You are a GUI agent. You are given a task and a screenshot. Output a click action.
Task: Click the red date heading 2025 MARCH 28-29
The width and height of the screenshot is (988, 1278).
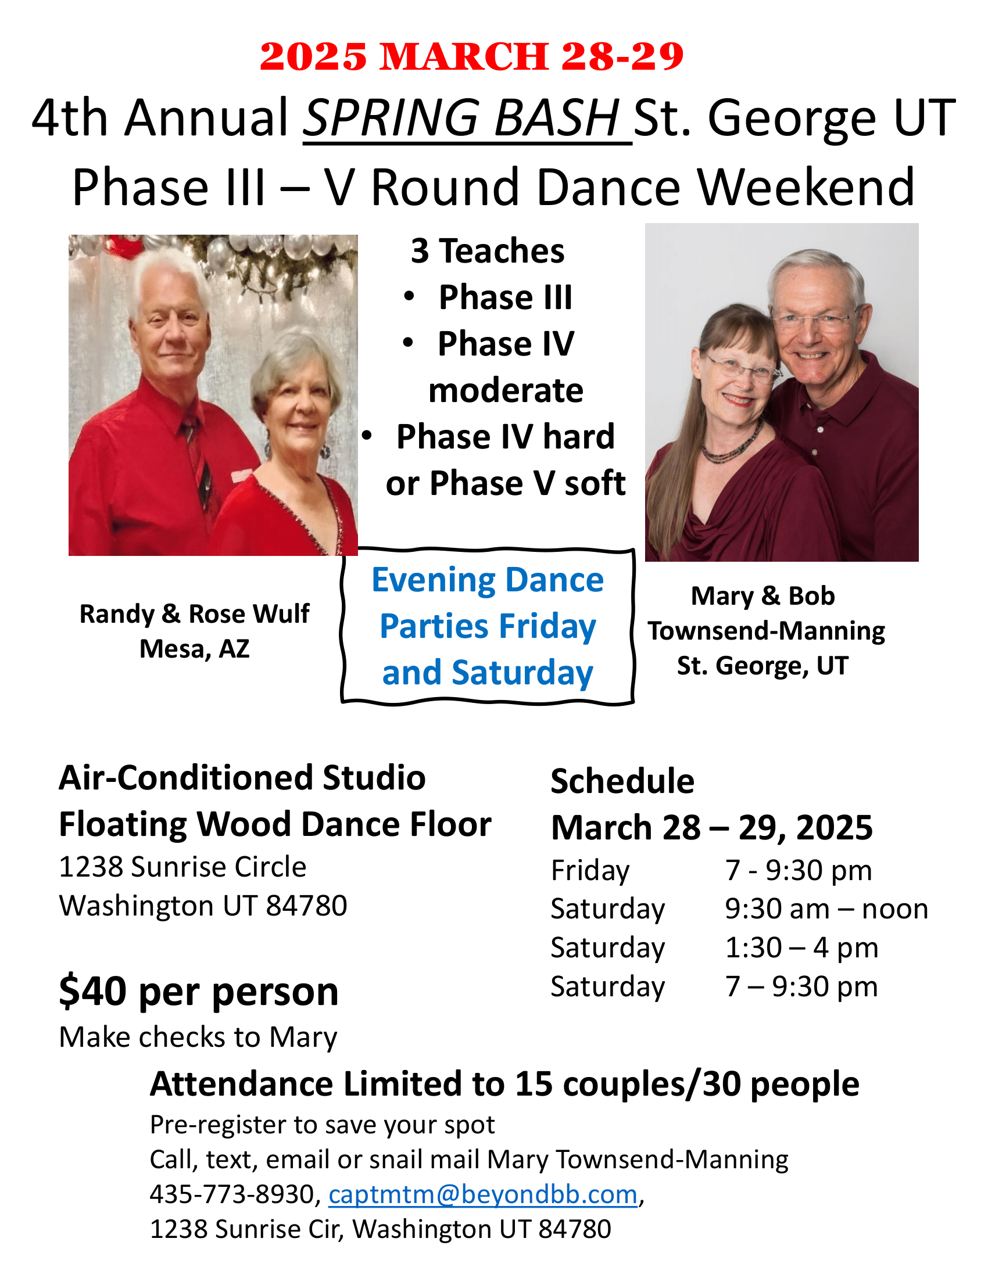point(471,57)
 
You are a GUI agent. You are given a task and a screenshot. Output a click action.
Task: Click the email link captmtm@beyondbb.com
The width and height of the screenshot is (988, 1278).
point(483,1194)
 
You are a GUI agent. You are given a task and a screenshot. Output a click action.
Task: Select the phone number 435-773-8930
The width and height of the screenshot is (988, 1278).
point(232,1194)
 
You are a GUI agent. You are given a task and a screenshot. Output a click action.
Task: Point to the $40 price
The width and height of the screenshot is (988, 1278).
point(93,991)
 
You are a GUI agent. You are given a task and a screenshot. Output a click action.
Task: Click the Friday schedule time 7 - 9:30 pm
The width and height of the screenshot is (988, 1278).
point(799,870)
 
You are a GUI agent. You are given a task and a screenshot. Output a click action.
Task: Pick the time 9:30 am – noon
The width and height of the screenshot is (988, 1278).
point(826,909)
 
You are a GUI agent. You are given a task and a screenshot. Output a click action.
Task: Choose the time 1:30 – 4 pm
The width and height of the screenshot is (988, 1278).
point(801,947)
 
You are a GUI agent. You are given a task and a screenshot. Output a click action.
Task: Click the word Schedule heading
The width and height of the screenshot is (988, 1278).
point(622,781)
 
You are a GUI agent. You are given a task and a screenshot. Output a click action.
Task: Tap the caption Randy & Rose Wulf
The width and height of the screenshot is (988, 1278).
point(194,614)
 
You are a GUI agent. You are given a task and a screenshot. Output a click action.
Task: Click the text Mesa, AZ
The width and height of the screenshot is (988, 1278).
point(194,648)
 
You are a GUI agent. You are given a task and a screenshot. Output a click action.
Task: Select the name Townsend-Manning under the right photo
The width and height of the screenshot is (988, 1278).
point(765,631)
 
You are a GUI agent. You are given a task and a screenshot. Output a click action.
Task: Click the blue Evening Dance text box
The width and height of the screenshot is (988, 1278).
point(488,626)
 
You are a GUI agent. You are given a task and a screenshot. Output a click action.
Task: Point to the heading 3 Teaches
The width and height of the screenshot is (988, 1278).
point(487,251)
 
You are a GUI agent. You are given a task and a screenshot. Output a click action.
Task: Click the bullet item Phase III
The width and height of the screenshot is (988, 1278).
point(505,297)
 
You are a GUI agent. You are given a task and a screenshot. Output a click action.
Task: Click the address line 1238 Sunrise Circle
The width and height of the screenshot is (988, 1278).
point(182,867)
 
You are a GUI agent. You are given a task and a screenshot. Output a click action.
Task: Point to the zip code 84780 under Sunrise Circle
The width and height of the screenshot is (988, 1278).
point(306,906)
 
